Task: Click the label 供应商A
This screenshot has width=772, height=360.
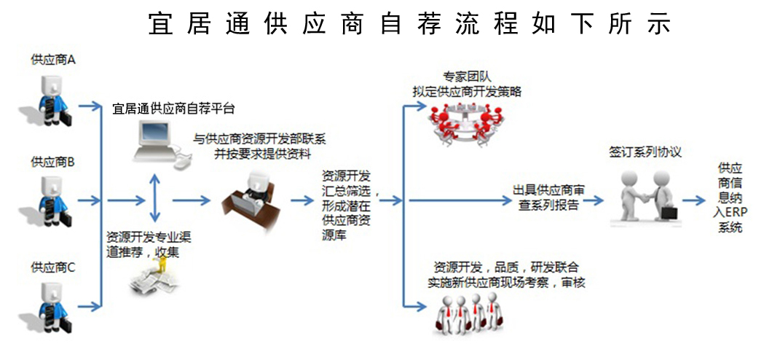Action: pyautogui.click(x=53, y=60)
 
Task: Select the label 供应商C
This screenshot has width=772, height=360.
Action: pyautogui.click(x=53, y=267)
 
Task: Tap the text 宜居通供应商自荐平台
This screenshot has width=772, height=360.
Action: pyautogui.click(x=173, y=109)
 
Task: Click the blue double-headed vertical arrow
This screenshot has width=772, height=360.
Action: pyautogui.click(x=154, y=198)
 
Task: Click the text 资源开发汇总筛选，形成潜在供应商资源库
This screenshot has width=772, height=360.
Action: pyautogui.click(x=346, y=206)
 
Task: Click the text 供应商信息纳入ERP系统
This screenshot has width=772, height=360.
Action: pyautogui.click(x=730, y=197)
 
